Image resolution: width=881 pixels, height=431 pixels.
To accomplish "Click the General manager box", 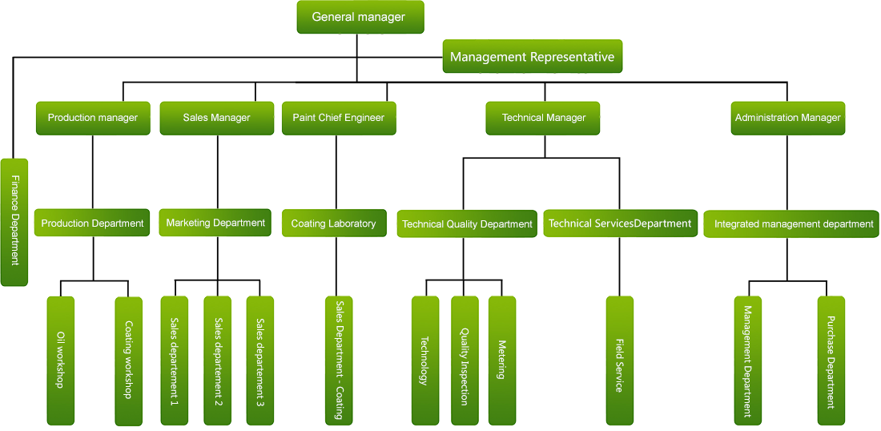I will (x=360, y=17).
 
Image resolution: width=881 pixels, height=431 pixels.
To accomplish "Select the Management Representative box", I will (x=532, y=57).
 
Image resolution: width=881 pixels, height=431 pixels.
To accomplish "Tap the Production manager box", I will (x=93, y=118).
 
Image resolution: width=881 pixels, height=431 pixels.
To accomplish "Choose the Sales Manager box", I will (x=216, y=118).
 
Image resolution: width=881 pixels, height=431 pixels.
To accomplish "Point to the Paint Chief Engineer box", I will (x=338, y=118).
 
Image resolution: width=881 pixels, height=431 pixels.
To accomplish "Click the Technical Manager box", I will (x=544, y=118).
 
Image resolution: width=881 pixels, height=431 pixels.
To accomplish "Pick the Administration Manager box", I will (x=787, y=118).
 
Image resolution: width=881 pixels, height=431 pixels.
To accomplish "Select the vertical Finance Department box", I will (x=14, y=222).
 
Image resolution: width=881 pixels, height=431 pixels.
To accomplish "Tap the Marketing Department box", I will (x=215, y=223).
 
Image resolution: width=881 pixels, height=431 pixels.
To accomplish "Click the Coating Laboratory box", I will (x=333, y=224).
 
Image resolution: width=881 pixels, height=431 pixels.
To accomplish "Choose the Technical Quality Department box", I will (x=467, y=224).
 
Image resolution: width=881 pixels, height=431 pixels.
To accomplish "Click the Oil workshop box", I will (x=60, y=361).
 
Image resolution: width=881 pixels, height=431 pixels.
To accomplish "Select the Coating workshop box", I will (x=128, y=361).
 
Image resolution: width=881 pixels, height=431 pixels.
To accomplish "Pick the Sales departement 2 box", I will (x=217, y=361).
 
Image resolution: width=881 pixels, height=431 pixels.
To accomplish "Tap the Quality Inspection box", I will (x=465, y=361).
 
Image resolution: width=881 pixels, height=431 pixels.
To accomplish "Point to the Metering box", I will (x=502, y=361).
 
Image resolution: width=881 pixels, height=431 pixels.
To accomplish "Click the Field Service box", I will (x=619, y=361).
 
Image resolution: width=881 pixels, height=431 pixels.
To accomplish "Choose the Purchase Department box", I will (x=831, y=361).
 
